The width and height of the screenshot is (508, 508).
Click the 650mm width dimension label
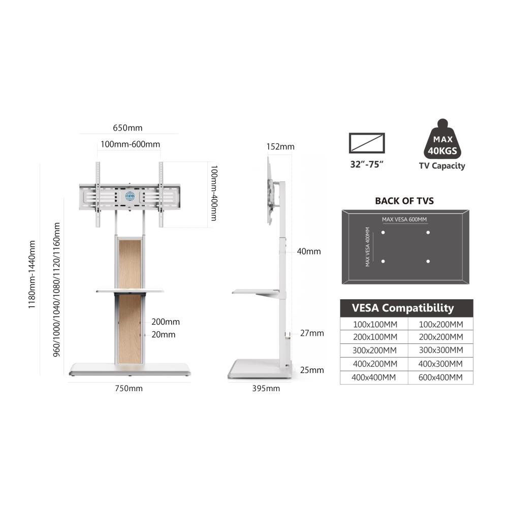click(128, 128)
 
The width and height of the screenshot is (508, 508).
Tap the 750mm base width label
click(129, 388)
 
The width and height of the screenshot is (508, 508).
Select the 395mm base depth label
click(266, 388)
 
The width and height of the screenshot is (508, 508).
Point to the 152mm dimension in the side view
click(280, 146)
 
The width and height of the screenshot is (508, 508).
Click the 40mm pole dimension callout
click(309, 251)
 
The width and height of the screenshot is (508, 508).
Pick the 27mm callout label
click(312, 333)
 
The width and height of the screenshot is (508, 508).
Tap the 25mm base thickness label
click(312, 370)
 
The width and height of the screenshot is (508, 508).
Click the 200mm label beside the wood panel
click(166, 322)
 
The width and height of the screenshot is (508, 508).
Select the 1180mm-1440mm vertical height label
click(31, 274)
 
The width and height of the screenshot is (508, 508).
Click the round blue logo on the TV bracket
click(130, 196)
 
